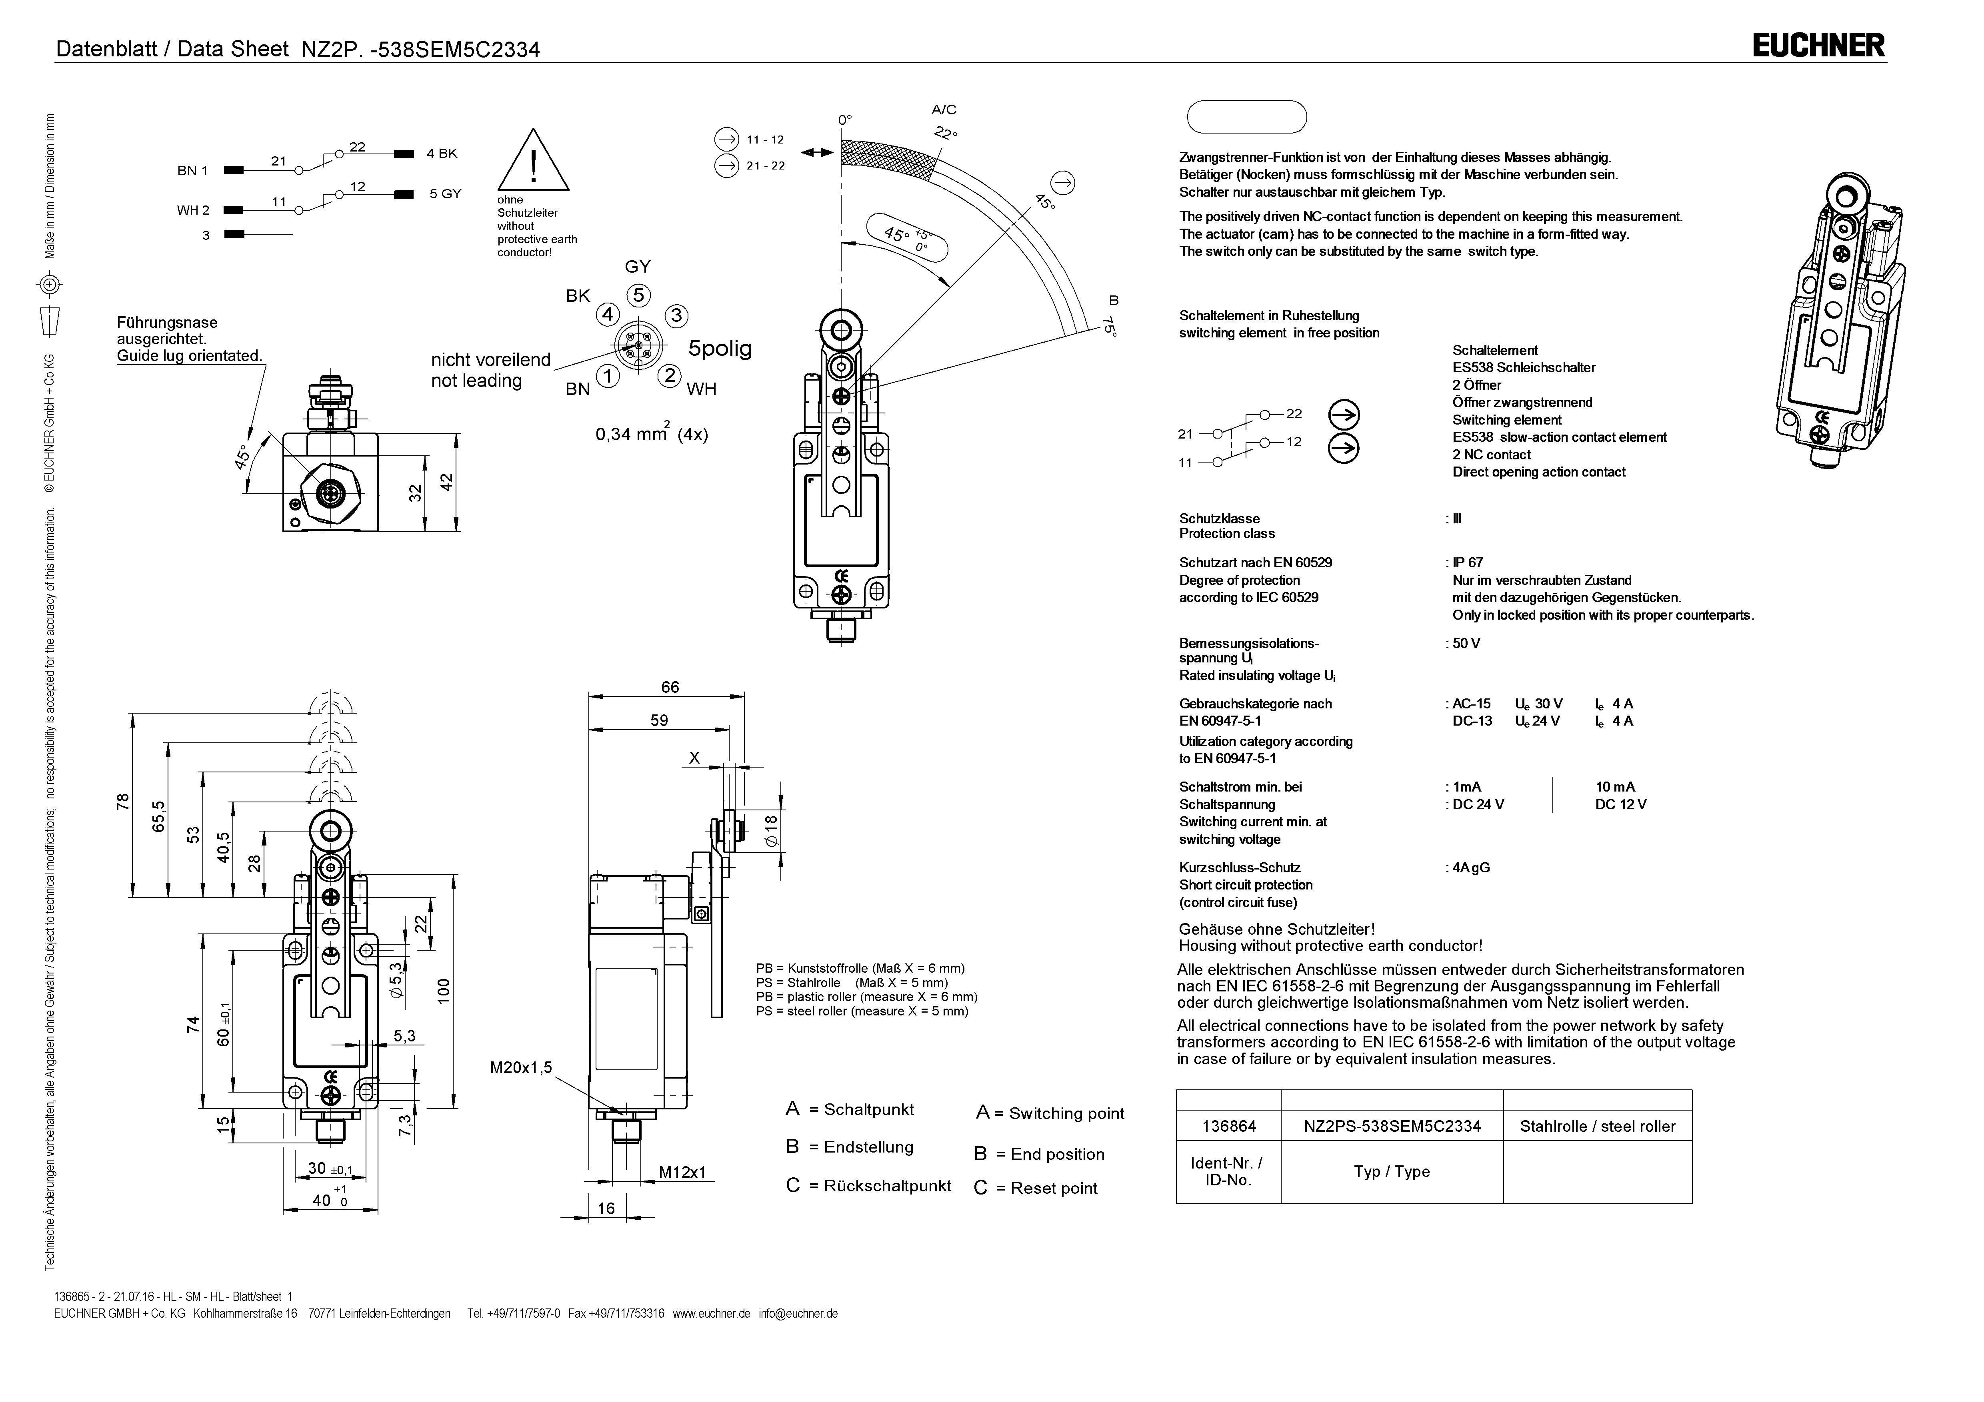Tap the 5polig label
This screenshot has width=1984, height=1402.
coord(720,349)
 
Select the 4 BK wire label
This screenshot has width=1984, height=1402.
coord(442,154)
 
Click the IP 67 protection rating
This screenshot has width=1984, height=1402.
coord(1468,562)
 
